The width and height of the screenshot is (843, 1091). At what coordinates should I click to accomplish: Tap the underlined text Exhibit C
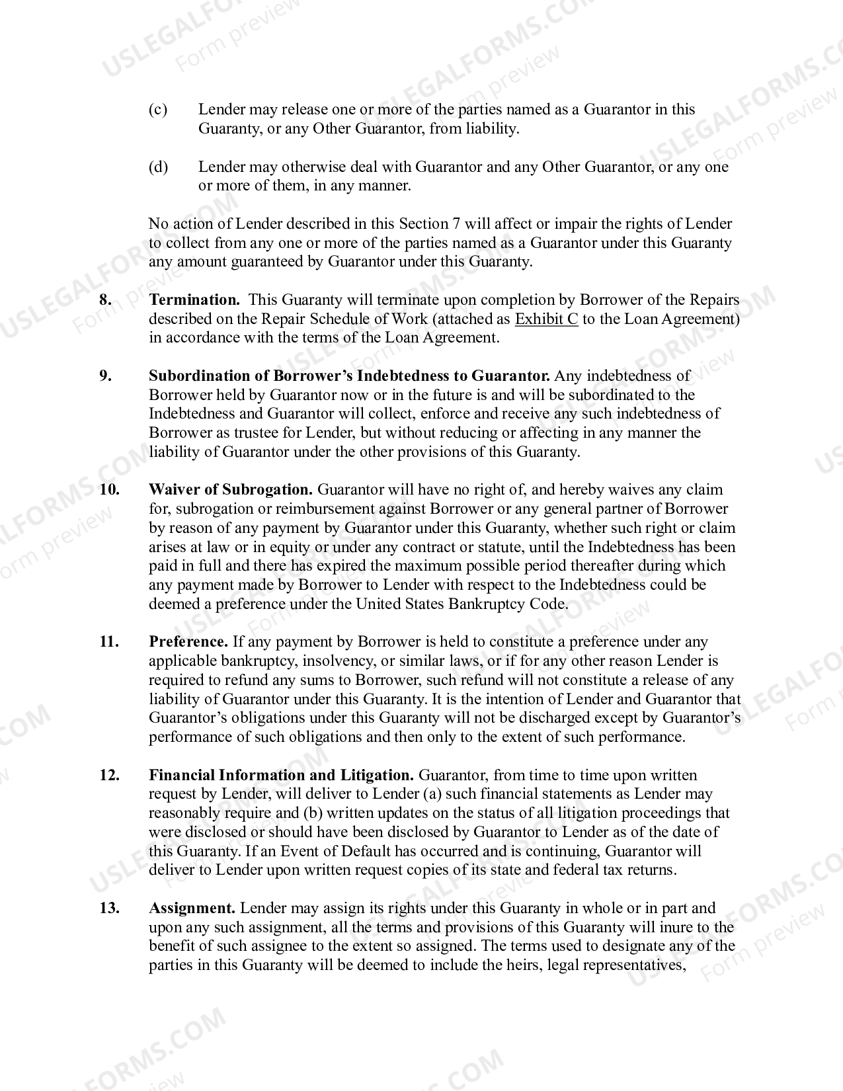[546, 319]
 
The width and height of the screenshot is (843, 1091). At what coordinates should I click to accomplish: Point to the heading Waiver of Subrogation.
[231, 489]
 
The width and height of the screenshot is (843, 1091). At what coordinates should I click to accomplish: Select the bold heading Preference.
[188, 641]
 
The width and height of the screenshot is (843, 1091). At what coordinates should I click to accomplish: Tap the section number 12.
[109, 775]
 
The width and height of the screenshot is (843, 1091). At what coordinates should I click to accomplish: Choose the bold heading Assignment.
[192, 908]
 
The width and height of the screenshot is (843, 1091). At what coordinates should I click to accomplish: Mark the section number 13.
[109, 908]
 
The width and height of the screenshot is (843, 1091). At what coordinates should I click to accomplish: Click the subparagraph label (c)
[158, 109]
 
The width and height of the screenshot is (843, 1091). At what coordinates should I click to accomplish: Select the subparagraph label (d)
[158, 166]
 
